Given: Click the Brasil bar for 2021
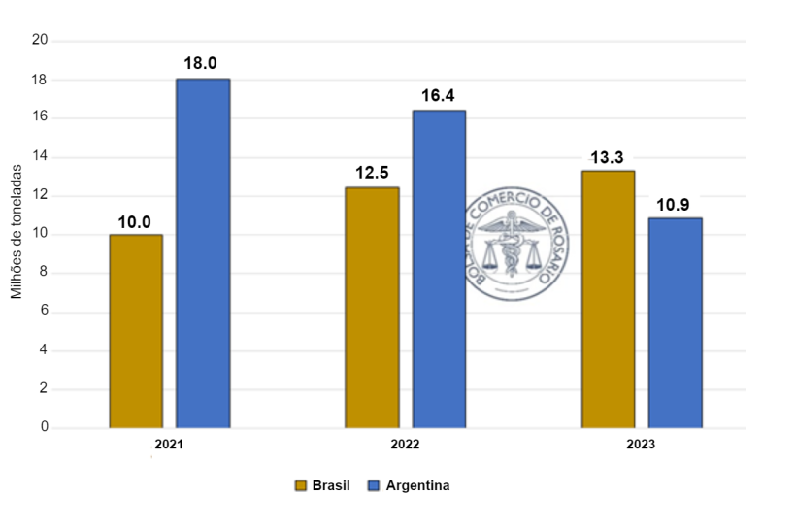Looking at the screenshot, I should click(136, 331).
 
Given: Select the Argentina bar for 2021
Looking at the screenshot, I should click(203, 253).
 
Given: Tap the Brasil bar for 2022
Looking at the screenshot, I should click(372, 308).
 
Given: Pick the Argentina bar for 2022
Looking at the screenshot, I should click(439, 269).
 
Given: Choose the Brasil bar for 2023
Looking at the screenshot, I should click(608, 299).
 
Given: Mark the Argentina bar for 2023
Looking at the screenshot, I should click(675, 322).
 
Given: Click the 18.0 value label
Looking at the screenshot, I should click(202, 63).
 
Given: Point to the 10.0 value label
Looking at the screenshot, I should click(135, 221).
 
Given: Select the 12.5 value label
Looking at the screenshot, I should click(372, 173).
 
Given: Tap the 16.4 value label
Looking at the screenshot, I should click(438, 96).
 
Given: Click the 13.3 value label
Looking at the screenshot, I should click(608, 157).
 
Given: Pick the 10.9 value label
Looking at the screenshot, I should click(674, 204).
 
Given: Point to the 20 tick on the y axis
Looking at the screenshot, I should click(40, 40).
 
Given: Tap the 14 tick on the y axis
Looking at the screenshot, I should click(40, 156).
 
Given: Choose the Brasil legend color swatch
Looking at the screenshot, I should click(301, 485).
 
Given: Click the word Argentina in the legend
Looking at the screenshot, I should click(417, 485).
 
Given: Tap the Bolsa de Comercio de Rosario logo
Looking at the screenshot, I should click(513, 243).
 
